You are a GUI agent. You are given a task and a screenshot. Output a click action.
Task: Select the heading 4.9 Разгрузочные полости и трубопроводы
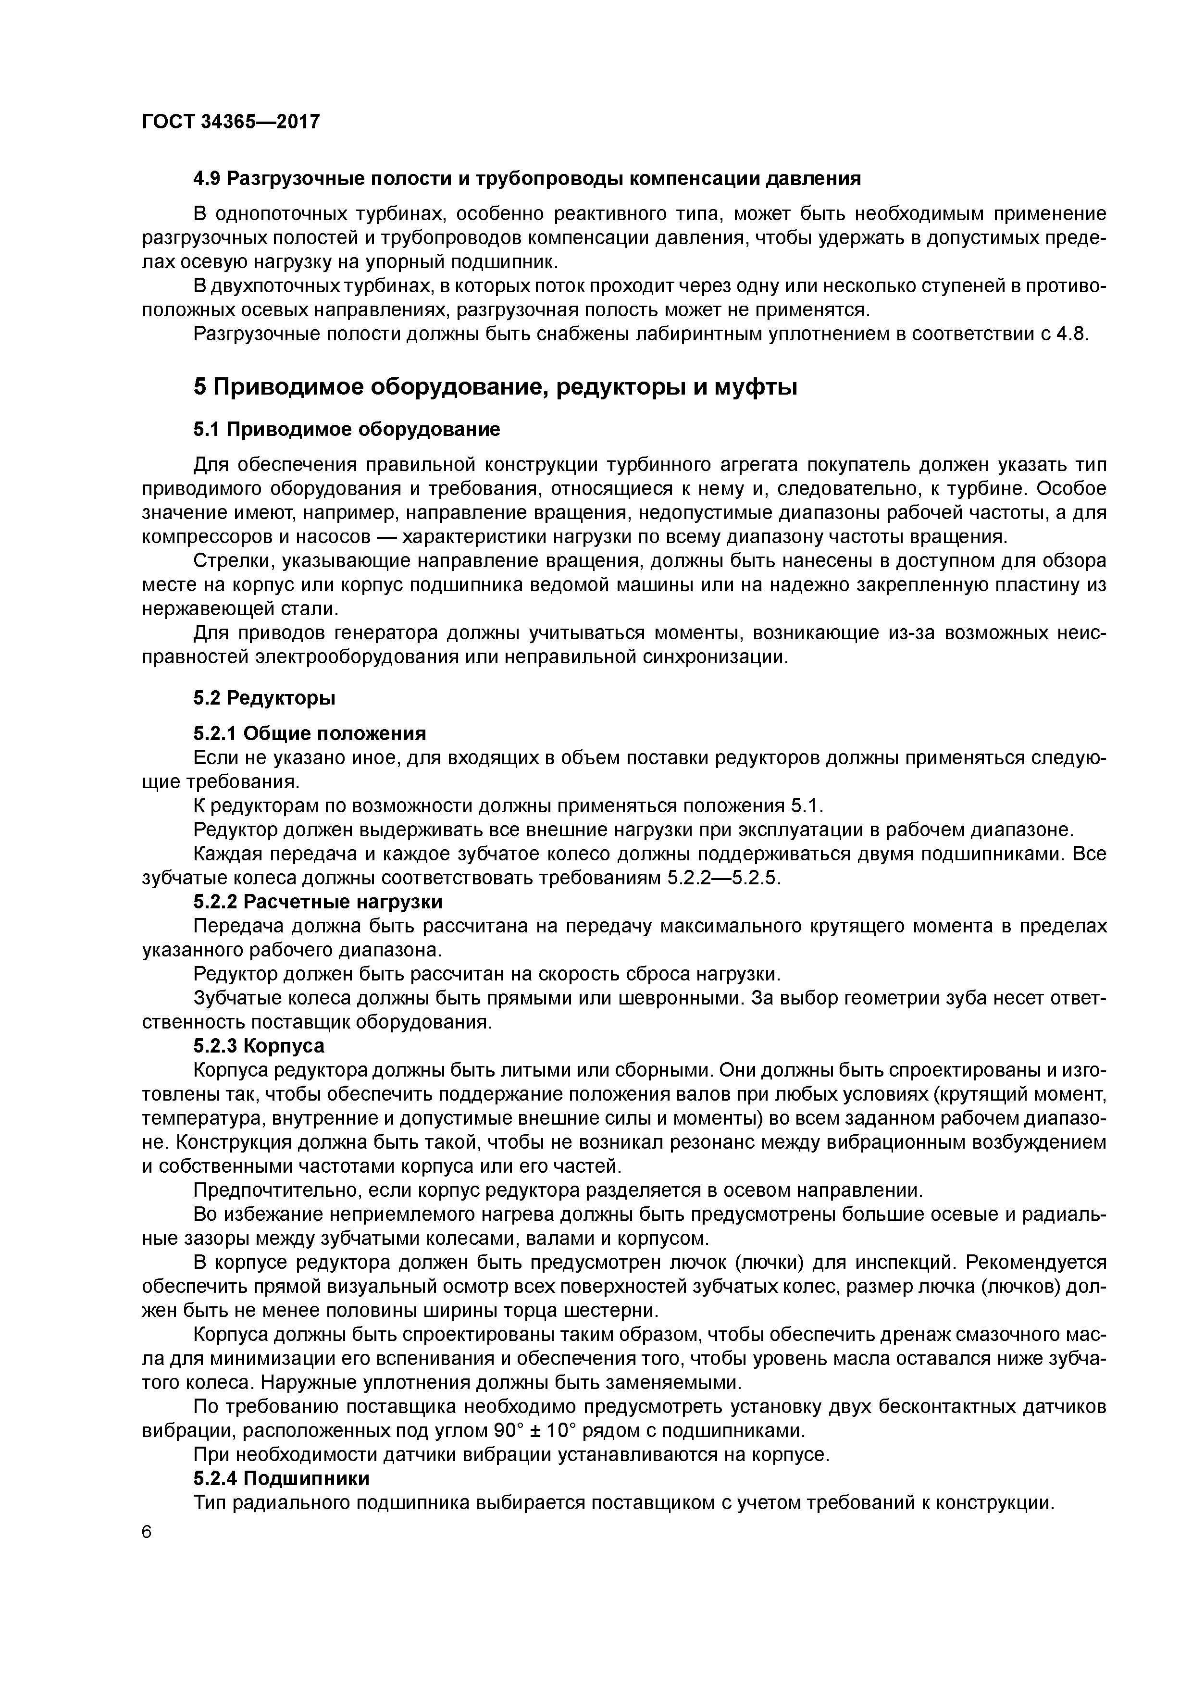(x=527, y=178)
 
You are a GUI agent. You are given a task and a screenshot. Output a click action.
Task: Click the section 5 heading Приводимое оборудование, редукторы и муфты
(x=495, y=387)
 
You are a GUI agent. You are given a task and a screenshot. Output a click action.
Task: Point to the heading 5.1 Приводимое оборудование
(x=347, y=430)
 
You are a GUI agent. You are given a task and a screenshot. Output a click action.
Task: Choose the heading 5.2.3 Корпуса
(x=259, y=1045)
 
